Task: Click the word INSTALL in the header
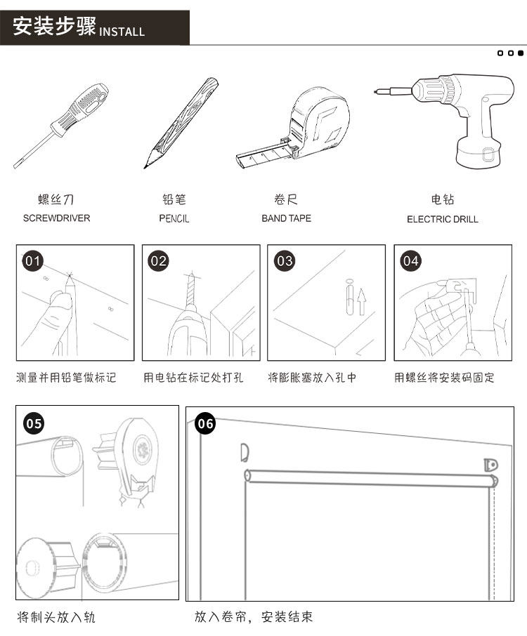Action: pos(122,32)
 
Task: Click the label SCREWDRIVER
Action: pos(56,218)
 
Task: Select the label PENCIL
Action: pos(174,218)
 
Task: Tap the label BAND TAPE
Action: pos(286,218)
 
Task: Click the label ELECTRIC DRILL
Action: pos(442,219)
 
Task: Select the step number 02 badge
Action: pos(159,261)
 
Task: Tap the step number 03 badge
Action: pos(285,261)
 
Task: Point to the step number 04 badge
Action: pos(410,261)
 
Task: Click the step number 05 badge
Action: pos(34,423)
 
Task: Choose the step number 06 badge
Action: pos(205,423)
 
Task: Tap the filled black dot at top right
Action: pos(521,53)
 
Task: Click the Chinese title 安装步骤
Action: pos(53,28)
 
